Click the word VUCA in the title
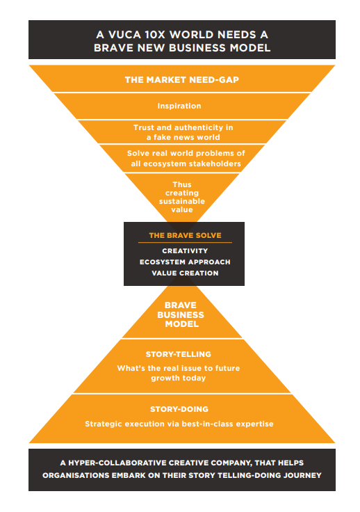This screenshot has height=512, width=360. click(x=124, y=35)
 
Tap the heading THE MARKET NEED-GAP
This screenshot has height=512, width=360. click(x=182, y=80)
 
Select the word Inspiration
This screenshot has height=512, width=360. click(x=179, y=106)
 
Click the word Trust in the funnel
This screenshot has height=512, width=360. click(x=144, y=127)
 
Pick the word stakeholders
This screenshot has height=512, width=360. click(x=213, y=163)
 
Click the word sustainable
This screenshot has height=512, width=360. click(x=182, y=201)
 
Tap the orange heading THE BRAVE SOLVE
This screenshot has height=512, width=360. click(x=185, y=235)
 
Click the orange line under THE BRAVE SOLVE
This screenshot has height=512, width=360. click(x=185, y=243)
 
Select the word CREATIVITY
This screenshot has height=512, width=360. click(x=185, y=250)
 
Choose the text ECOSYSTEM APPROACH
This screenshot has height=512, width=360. click(x=185, y=262)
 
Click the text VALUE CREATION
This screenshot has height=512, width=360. click(x=185, y=273)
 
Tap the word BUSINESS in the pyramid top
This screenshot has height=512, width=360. click(x=181, y=314)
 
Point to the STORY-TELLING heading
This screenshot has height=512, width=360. click(x=179, y=354)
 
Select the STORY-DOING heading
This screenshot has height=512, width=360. click(x=179, y=409)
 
